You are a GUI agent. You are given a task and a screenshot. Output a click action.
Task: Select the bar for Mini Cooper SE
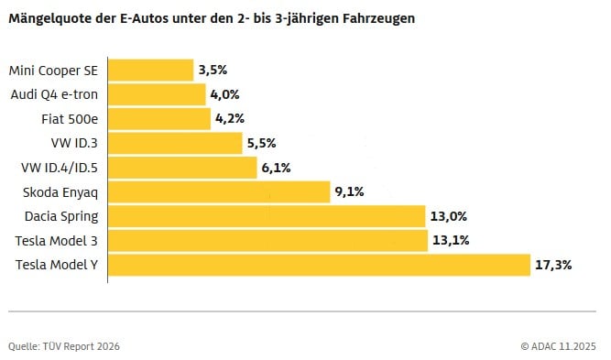[151, 71]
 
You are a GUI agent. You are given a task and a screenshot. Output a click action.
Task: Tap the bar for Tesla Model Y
[320, 265]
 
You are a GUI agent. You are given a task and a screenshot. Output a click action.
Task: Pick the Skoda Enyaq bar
[219, 191]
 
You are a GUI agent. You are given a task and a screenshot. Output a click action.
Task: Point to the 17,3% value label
[554, 265]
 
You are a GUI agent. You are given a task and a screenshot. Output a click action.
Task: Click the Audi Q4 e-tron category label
[54, 94]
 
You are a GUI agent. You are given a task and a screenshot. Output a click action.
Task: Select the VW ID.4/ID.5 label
[59, 168]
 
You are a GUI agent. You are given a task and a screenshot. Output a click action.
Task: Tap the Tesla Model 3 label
[57, 241]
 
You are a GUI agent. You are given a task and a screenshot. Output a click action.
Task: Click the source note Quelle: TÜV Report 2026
[64, 346]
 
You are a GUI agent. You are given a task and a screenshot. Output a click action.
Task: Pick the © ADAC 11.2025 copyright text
[558, 346]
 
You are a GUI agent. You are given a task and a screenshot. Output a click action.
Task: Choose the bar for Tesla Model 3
[268, 241]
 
